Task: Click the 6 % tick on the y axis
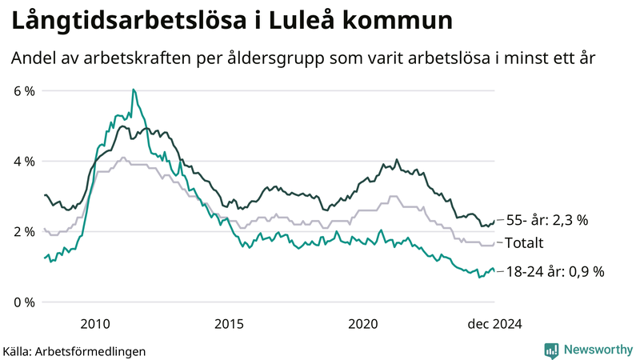click(x=24, y=91)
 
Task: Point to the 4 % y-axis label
click(x=24, y=162)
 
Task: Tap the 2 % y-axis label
click(x=24, y=232)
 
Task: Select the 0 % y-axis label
click(x=24, y=302)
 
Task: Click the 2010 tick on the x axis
click(x=95, y=323)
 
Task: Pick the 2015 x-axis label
click(x=229, y=323)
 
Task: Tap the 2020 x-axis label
click(x=363, y=323)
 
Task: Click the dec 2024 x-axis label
click(x=494, y=323)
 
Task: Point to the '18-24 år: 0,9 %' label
click(x=555, y=272)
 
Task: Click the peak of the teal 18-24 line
click(x=133, y=90)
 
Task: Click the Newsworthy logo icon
click(x=551, y=350)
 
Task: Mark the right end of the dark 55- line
click(x=494, y=223)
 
